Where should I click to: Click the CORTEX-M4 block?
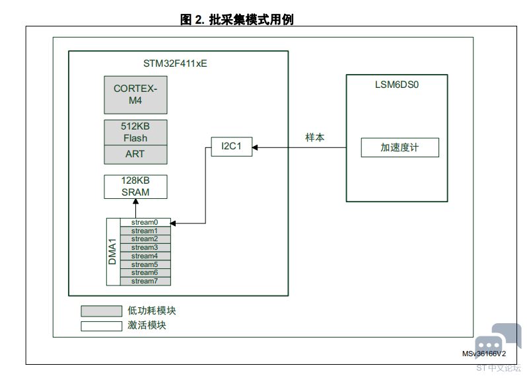(135, 95)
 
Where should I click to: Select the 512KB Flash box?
(135, 133)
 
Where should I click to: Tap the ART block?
(135, 155)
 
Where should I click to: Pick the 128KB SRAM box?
(135, 186)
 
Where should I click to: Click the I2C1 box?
(232, 147)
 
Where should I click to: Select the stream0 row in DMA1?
(145, 222)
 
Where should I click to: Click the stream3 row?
(145, 248)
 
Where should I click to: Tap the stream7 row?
(145, 281)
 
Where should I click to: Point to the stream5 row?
(145, 264)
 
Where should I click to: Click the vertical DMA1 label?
(112, 252)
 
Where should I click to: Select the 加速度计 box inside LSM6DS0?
(400, 147)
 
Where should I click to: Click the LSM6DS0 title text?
(397, 85)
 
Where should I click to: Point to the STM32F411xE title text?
(175, 63)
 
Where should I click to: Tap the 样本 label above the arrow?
(315, 137)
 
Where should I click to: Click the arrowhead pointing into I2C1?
(255, 147)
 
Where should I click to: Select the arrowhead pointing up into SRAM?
(136, 201)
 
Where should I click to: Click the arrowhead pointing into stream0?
(174, 223)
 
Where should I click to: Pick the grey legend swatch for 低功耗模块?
(102, 311)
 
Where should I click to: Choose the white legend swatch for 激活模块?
(102, 326)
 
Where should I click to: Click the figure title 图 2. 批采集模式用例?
(237, 20)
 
